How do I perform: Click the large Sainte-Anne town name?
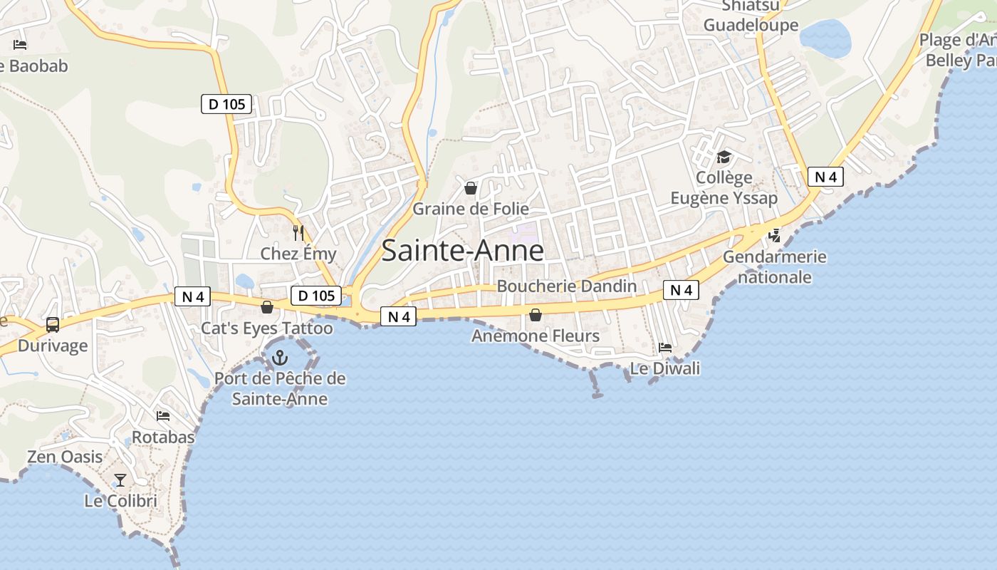[x=463, y=251]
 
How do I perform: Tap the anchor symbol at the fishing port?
[x=280, y=358]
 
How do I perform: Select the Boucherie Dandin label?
[x=566, y=286]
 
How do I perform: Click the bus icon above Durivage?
[x=53, y=325]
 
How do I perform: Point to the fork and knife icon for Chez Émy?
[x=298, y=232]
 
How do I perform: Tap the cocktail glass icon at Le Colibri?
[x=120, y=480]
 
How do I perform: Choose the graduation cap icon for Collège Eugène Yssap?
[x=724, y=157]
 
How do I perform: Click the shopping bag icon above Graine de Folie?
[x=471, y=188]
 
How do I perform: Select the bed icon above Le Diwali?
[x=665, y=348]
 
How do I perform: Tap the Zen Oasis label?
[x=65, y=457]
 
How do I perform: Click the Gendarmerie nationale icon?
[x=774, y=235]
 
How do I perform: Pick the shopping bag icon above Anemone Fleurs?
[x=536, y=315]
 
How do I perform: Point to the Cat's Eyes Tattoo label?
[x=267, y=328]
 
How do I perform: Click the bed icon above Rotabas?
[x=163, y=416]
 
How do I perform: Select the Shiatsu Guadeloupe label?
[x=751, y=16]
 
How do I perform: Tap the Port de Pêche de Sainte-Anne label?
[x=280, y=389]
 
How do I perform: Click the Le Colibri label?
[x=120, y=501]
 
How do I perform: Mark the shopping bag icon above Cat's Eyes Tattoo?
[x=267, y=307]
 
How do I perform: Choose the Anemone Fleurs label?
[x=536, y=336]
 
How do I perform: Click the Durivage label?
[x=53, y=346]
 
